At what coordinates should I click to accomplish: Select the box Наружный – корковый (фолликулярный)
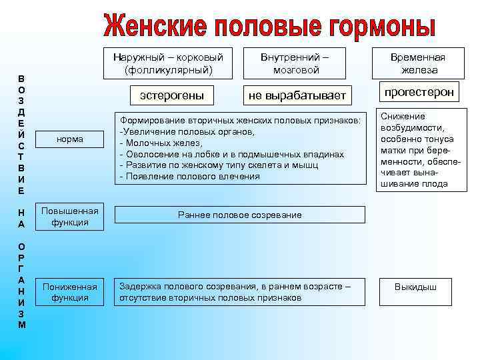168,63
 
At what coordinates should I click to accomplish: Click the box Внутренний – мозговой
296,63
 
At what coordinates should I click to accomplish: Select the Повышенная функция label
70,217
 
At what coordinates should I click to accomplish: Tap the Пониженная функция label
70,292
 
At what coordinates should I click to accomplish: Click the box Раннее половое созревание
239,215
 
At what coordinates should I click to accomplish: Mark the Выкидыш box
415,287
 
